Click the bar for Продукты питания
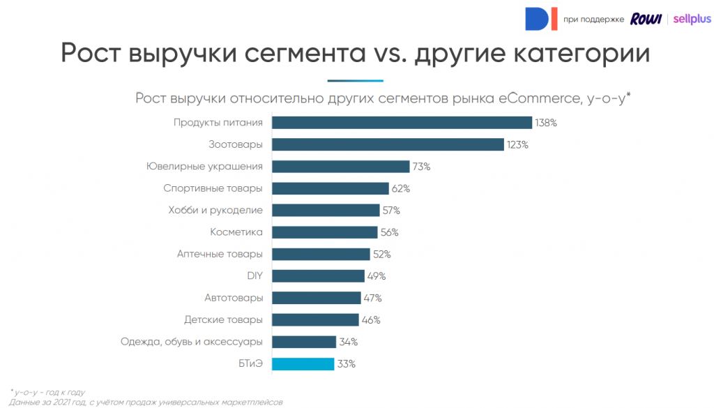tap(402, 123)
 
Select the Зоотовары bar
tap(388, 144)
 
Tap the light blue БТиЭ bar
tap(303, 363)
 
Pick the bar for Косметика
tap(324, 232)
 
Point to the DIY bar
tap(318, 275)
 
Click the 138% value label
tap(546, 123)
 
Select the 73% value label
tap(421, 167)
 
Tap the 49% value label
tap(377, 275)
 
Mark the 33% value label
tap(347, 363)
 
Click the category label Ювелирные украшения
tap(204, 167)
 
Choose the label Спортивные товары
tap(213, 188)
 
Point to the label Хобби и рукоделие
tap(215, 210)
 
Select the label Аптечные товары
tap(220, 254)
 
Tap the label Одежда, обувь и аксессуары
tap(191, 341)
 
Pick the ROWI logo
tap(646, 19)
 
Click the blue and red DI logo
tap(541, 19)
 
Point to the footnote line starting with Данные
tap(146, 402)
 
